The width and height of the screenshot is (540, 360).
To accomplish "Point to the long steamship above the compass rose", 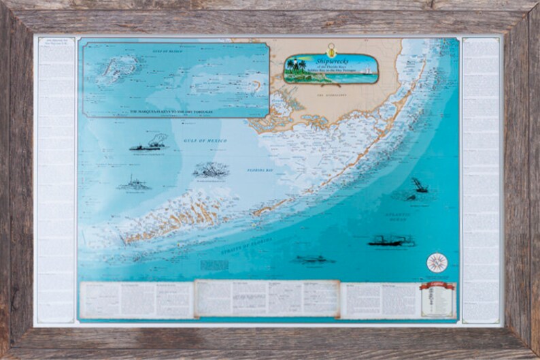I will pos(392,240).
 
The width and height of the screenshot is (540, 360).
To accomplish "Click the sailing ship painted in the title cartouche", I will pos(368,69).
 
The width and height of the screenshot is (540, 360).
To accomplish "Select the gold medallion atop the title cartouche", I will pos(331,48).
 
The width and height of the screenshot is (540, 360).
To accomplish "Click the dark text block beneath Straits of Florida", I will pos(214,263).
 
